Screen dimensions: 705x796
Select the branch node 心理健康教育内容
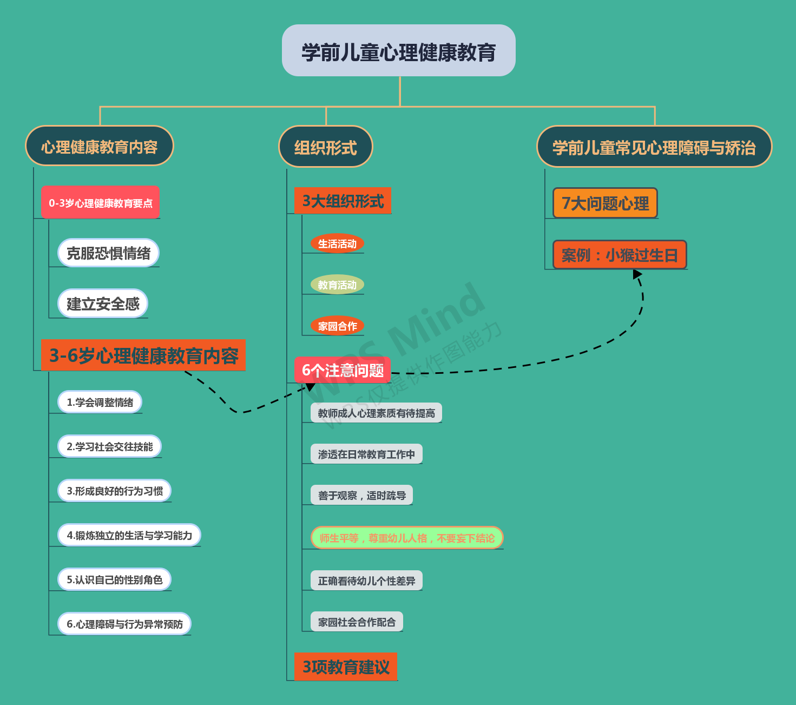click(100, 146)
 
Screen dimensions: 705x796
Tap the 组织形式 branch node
click(325, 147)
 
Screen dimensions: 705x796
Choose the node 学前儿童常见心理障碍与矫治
click(654, 147)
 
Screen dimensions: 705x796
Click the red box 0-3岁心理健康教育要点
click(101, 203)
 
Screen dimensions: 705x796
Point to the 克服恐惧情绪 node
click(108, 253)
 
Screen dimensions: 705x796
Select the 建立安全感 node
click(103, 304)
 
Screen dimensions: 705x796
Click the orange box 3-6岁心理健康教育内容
click(143, 355)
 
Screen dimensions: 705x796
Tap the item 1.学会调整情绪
click(100, 402)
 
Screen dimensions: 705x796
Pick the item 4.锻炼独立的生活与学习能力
click(129, 535)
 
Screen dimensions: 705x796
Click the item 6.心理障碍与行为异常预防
click(124, 624)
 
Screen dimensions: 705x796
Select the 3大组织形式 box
click(343, 201)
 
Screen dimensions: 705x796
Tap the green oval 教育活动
click(337, 285)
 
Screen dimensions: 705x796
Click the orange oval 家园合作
click(337, 326)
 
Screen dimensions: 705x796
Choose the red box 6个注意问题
click(343, 370)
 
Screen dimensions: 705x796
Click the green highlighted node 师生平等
click(407, 538)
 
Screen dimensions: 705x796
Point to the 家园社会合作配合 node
click(357, 622)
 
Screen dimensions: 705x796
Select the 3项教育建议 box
click(346, 667)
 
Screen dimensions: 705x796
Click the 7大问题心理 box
click(605, 203)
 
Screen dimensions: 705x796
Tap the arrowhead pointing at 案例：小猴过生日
click(637, 274)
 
